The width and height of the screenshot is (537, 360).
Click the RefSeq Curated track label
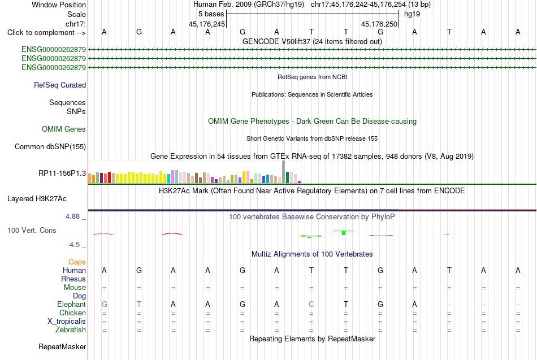click(60, 85)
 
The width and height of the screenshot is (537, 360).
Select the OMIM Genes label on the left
click(64, 129)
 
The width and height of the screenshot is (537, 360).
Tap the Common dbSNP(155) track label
click(50, 146)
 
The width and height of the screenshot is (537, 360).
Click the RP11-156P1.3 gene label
click(62, 174)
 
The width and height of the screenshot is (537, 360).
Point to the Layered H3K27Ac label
click(37, 199)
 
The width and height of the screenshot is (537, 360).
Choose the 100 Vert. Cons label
click(32, 230)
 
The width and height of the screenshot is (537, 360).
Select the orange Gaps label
click(77, 262)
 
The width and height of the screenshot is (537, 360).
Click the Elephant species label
click(72, 304)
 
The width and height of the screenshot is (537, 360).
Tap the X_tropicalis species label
click(67, 322)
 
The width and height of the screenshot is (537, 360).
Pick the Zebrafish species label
click(71, 330)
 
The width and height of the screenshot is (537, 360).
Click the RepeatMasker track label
click(62, 346)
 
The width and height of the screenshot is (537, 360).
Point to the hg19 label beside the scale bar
click(412, 14)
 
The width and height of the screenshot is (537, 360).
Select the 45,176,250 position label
click(379, 24)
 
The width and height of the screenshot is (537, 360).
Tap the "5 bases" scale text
click(211, 14)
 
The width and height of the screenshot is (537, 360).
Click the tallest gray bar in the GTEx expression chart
click(284, 172)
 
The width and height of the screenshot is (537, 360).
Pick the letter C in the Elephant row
click(311, 304)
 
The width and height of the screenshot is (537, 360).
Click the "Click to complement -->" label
click(46, 33)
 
